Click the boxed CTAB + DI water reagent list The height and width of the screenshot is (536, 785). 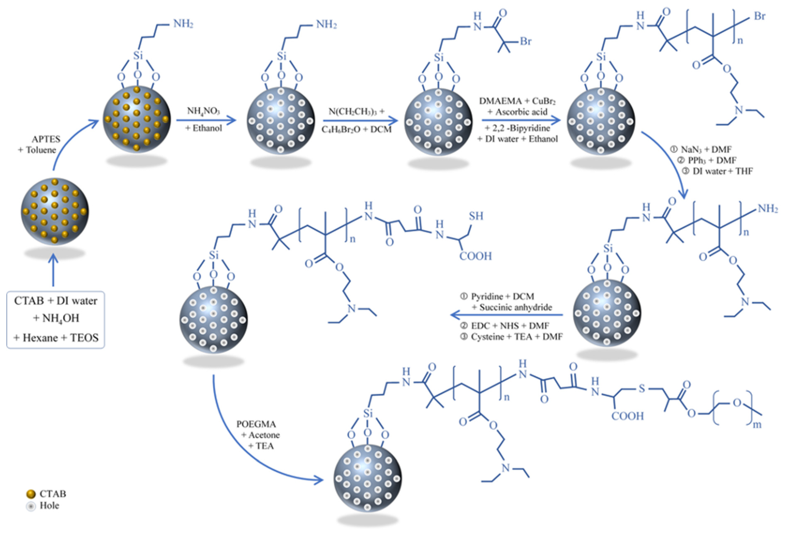coord(56,319)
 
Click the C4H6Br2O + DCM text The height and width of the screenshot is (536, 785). coord(356,129)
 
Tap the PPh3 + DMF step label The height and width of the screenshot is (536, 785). coord(709,160)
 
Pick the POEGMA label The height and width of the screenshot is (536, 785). coord(256,424)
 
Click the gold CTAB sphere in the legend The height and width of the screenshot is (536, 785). coord(31,494)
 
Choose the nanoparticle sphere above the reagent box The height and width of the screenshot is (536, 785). coord(55,211)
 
